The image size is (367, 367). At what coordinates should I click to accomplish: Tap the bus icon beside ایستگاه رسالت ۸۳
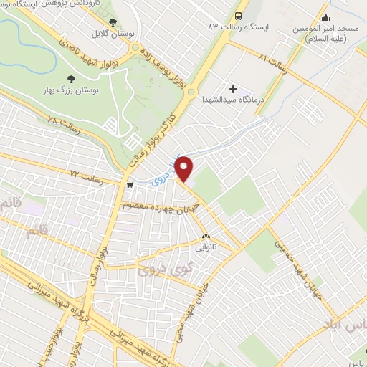238,15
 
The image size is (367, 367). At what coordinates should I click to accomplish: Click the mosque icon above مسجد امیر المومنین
326,18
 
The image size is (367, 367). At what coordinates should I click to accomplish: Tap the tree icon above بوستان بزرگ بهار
70,80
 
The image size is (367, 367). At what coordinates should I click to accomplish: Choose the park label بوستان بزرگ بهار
70,92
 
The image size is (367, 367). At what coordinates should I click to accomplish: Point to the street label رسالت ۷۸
62,123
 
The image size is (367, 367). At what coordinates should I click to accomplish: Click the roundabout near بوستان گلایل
135,48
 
